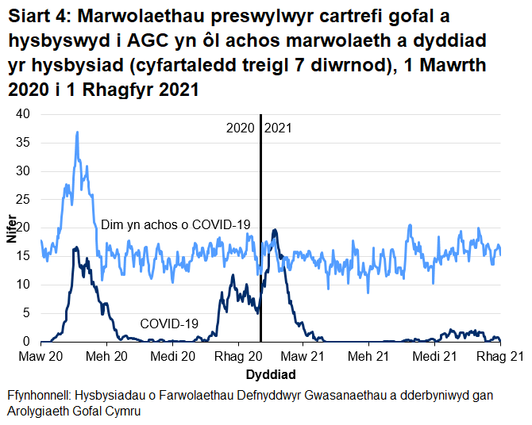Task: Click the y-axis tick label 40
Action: (23, 114)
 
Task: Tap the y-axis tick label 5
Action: (26, 313)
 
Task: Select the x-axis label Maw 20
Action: (40, 358)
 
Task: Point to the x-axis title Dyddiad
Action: (271, 373)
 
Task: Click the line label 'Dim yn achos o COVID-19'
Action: (175, 225)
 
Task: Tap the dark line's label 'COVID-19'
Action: (169, 324)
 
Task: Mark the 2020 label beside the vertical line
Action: (241, 128)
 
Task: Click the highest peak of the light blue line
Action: (77, 132)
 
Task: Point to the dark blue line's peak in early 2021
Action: (275, 230)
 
